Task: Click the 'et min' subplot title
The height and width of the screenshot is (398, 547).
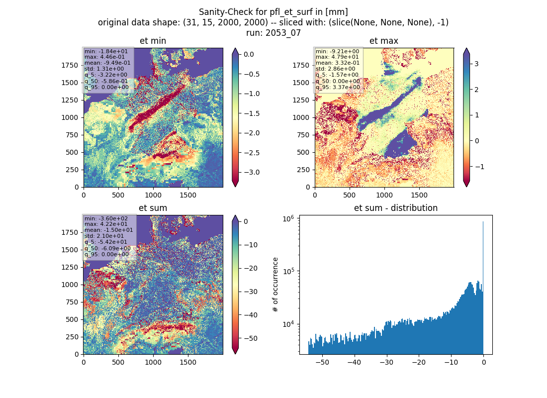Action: click(153, 41)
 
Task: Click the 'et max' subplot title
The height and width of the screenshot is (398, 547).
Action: click(384, 41)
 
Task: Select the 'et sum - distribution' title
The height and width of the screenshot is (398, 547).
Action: click(396, 208)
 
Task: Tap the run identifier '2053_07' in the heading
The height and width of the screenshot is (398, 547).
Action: click(282, 33)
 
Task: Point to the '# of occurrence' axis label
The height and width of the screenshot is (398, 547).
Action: click(275, 285)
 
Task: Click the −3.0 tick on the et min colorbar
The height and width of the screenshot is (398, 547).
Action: click(251, 173)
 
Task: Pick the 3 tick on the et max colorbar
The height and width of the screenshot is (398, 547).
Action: click(476, 64)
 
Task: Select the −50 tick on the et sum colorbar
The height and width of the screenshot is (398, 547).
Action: click(250, 338)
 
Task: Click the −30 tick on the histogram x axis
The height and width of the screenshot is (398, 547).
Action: click(386, 362)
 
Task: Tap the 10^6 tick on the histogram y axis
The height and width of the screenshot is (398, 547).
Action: click(288, 218)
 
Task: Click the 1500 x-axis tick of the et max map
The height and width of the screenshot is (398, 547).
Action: click(419, 195)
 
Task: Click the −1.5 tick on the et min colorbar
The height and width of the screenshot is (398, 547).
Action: click(251, 113)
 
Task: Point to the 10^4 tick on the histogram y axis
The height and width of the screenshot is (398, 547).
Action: click(288, 324)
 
